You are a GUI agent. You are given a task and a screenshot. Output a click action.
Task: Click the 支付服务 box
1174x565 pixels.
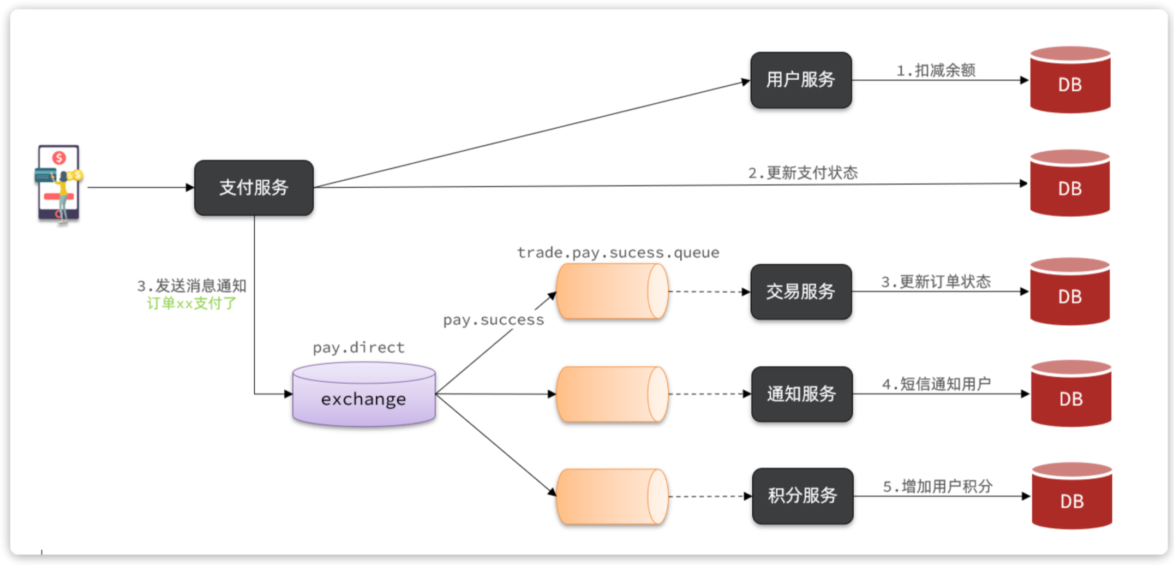point(254,188)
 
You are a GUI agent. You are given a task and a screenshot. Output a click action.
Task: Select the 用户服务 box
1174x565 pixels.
point(800,80)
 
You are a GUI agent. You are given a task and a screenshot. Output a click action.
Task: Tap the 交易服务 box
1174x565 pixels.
point(800,292)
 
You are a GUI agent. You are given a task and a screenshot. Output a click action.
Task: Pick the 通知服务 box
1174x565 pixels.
point(801,394)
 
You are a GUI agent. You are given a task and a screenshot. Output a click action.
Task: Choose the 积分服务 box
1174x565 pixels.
point(802,496)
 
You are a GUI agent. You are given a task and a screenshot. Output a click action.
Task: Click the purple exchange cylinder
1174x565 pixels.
point(364,395)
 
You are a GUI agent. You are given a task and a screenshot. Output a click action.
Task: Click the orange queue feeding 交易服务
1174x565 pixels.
point(612,292)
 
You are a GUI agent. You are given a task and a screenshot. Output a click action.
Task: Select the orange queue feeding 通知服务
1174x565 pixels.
point(612,394)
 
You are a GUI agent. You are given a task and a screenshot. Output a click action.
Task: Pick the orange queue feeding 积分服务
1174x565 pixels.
point(612,496)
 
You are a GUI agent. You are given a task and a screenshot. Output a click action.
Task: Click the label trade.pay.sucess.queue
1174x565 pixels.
point(618,253)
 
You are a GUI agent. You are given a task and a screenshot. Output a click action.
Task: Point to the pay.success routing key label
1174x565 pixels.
point(493,320)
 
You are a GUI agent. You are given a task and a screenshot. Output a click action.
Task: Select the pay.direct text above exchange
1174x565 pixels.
point(358,348)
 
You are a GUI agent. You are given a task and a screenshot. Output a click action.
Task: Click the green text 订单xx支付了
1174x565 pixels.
point(191,304)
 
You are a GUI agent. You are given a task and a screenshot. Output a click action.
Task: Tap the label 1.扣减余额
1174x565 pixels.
point(936,70)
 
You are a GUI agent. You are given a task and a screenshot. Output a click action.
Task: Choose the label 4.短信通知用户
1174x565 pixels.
point(936,384)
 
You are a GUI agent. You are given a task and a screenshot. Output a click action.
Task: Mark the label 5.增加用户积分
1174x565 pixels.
point(937,486)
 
